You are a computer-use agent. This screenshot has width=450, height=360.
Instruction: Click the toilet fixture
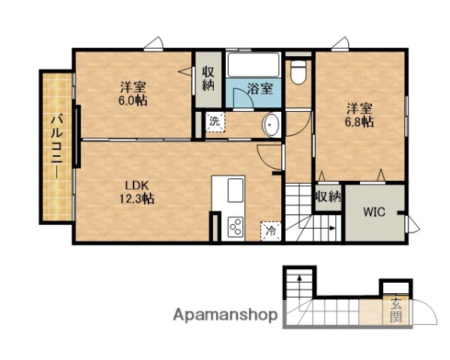click(298, 72)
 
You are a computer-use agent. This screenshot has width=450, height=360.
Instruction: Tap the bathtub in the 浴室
click(253, 64)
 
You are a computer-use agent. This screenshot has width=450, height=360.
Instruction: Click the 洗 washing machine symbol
click(215, 122)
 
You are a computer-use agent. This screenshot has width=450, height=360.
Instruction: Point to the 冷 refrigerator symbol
click(271, 231)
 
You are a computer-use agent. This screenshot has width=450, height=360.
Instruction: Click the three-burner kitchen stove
click(235, 226)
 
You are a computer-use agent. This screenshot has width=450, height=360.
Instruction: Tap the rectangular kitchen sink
click(235, 190)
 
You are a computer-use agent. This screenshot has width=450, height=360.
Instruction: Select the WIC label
click(374, 212)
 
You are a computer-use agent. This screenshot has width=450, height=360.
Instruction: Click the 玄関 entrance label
click(396, 310)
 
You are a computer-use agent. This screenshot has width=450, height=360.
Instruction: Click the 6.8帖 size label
click(359, 122)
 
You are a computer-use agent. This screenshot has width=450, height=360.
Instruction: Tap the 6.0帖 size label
click(133, 100)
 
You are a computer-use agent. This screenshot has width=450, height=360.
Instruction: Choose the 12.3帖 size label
click(136, 199)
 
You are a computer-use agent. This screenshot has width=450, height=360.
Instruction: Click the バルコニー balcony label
click(56, 146)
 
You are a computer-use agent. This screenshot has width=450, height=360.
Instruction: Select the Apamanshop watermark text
click(225, 315)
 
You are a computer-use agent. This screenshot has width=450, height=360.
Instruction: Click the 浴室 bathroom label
click(260, 88)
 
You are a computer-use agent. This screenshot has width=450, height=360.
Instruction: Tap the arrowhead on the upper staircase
click(332, 228)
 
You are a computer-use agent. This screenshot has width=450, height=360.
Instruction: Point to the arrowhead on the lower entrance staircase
click(299, 277)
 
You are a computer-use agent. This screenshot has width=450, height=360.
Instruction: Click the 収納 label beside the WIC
click(328, 197)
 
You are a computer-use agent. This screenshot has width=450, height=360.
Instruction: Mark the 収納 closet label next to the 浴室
click(208, 78)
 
